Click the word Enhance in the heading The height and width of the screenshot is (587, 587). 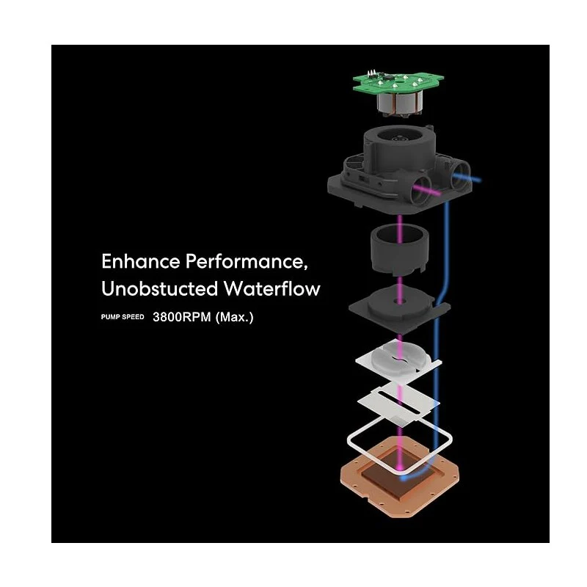(x=140, y=261)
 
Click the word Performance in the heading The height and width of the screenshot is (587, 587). (x=247, y=261)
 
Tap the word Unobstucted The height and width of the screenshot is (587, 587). (x=159, y=288)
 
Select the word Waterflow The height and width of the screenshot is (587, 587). (x=271, y=288)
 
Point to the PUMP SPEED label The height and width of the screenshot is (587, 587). (x=123, y=317)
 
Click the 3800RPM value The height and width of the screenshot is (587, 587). (x=182, y=317)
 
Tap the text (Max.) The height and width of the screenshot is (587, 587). (x=234, y=317)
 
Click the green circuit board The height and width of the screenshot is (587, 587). (x=398, y=81)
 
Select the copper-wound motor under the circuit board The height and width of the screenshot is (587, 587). (x=399, y=103)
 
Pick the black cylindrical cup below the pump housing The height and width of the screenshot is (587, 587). (x=399, y=249)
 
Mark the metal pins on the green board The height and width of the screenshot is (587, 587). (x=371, y=72)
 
